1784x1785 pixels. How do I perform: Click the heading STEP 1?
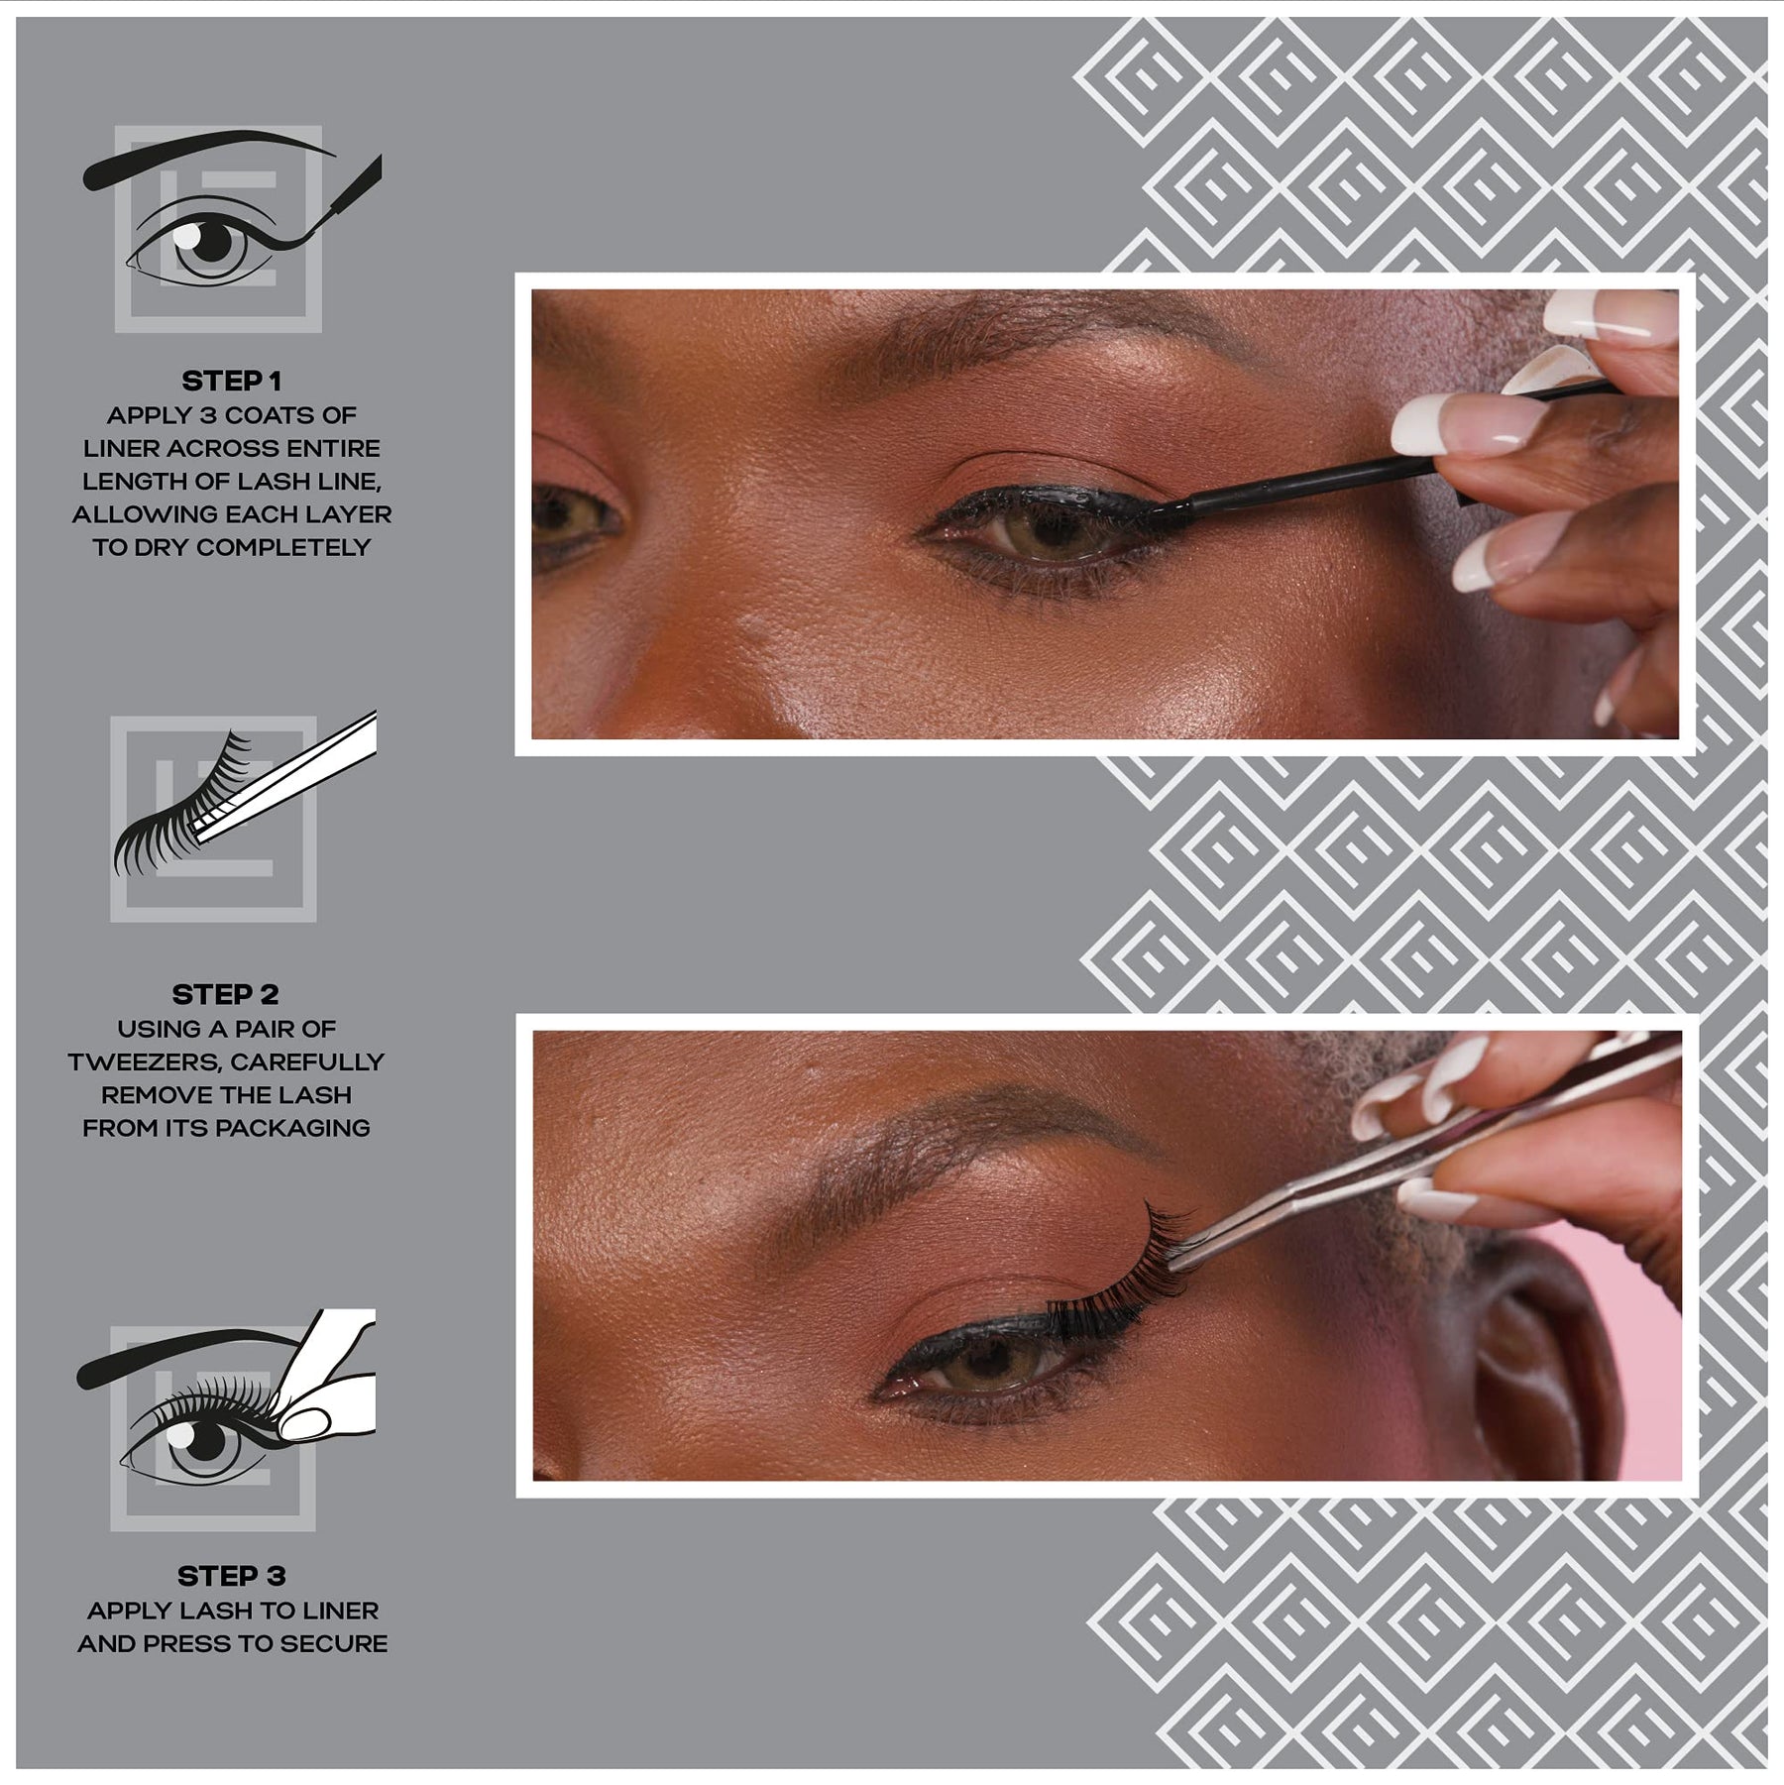point(231,381)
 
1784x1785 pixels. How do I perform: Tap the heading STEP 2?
point(226,994)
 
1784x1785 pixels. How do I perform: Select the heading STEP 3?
point(232,1576)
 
